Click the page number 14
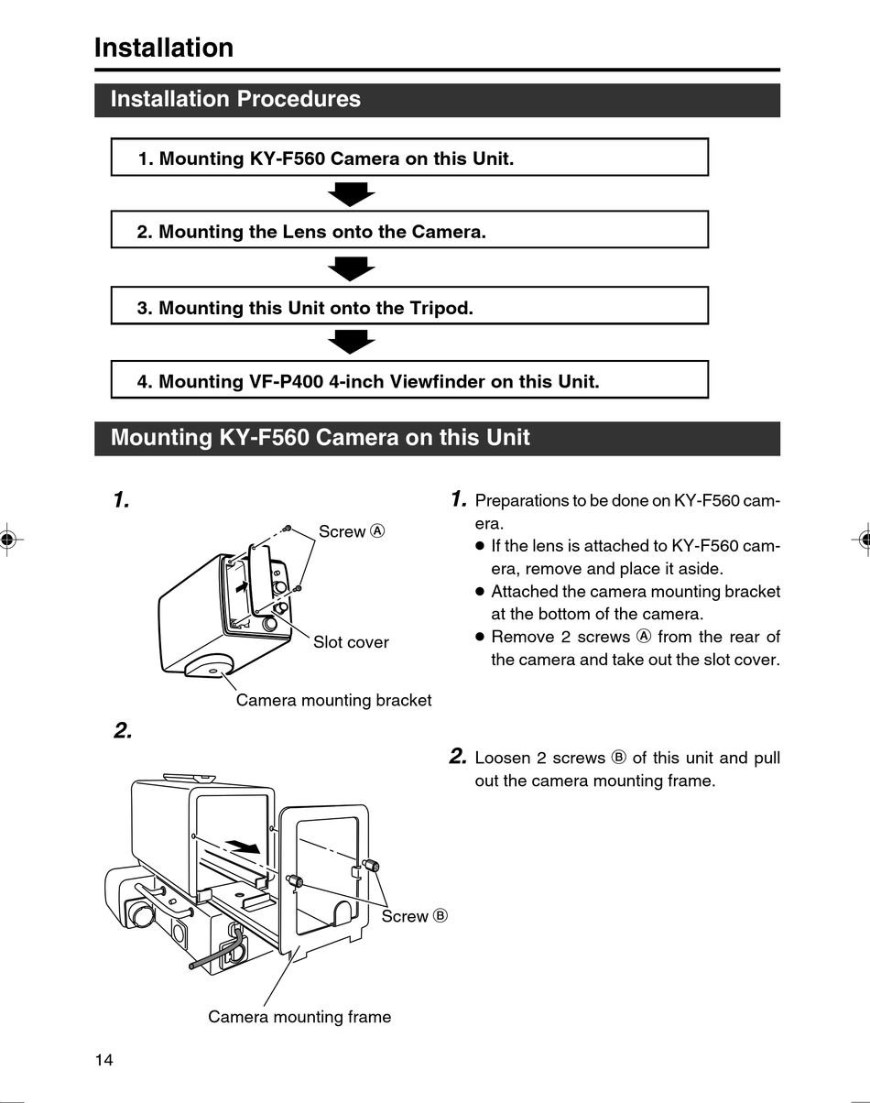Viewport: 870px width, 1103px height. (103, 1060)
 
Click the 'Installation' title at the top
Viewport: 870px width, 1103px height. (164, 48)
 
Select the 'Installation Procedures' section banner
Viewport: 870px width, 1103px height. (437, 100)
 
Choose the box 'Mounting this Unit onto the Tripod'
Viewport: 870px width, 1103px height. (409, 307)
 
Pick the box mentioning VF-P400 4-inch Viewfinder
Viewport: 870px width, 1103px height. (409, 380)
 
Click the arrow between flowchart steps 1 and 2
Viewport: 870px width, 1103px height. (351, 193)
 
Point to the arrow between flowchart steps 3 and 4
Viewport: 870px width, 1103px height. (351, 341)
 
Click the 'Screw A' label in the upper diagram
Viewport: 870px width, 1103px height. (352, 531)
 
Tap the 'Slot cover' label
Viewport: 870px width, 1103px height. (351, 642)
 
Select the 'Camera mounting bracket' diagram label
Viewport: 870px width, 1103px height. (333, 700)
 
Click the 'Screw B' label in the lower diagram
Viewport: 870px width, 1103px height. (414, 916)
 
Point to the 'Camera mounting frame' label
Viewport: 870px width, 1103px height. (299, 1017)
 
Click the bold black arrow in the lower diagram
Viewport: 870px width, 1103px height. (245, 846)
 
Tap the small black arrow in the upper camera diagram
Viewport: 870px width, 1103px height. (242, 584)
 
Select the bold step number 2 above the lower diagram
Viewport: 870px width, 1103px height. (123, 730)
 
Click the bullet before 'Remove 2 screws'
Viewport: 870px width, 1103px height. (479, 637)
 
